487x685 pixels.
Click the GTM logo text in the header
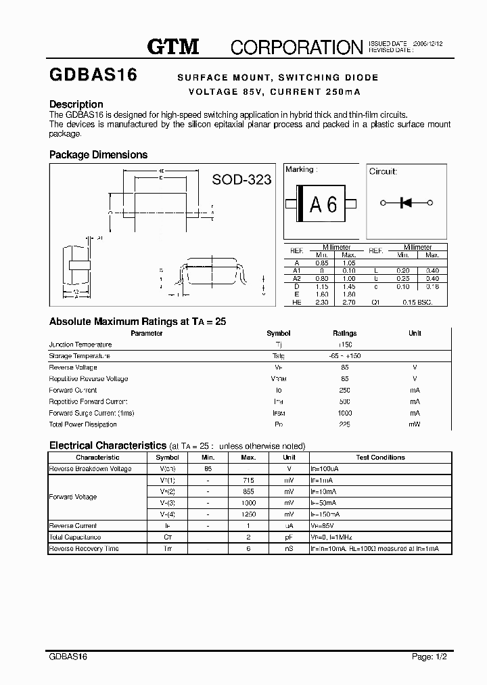coord(173,47)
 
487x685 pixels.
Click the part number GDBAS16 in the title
coord(93,76)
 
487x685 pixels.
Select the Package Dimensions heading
coord(98,155)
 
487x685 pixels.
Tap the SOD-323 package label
coord(241,179)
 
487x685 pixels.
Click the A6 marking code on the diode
coord(323,204)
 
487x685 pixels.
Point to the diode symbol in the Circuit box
coord(407,202)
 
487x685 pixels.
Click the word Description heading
coord(76,104)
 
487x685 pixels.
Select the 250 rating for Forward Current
coord(345,391)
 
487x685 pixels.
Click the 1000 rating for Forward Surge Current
coord(345,414)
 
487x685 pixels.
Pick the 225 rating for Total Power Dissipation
coord(345,425)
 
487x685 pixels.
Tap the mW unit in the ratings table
coord(415,425)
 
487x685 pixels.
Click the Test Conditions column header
coord(380,458)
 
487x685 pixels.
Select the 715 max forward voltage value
coord(248,480)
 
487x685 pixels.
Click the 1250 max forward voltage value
coord(248,514)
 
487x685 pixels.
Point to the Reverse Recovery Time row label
coord(74,549)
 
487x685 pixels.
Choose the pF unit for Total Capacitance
coord(289,537)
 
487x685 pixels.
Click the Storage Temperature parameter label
coord(79,356)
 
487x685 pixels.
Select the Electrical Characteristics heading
coord(108,445)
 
